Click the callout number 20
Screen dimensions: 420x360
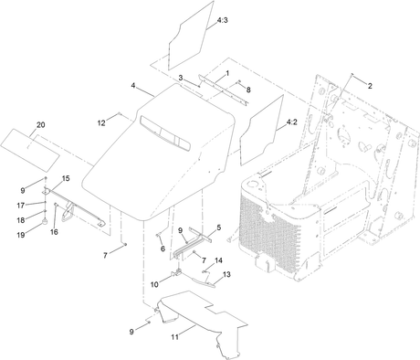point(41,125)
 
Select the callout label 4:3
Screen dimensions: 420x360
point(223,20)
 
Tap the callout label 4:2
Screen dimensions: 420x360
point(292,122)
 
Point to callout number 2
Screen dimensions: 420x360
point(370,86)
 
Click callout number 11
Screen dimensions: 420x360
point(174,337)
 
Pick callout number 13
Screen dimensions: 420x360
point(226,274)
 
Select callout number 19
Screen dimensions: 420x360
point(21,235)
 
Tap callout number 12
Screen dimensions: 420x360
point(101,123)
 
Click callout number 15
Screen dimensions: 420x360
point(66,178)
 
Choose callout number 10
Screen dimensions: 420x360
point(154,284)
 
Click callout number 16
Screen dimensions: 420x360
point(54,232)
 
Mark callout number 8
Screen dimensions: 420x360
point(248,90)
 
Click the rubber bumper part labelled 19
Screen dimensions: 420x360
point(45,222)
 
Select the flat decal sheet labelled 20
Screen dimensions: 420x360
point(30,150)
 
